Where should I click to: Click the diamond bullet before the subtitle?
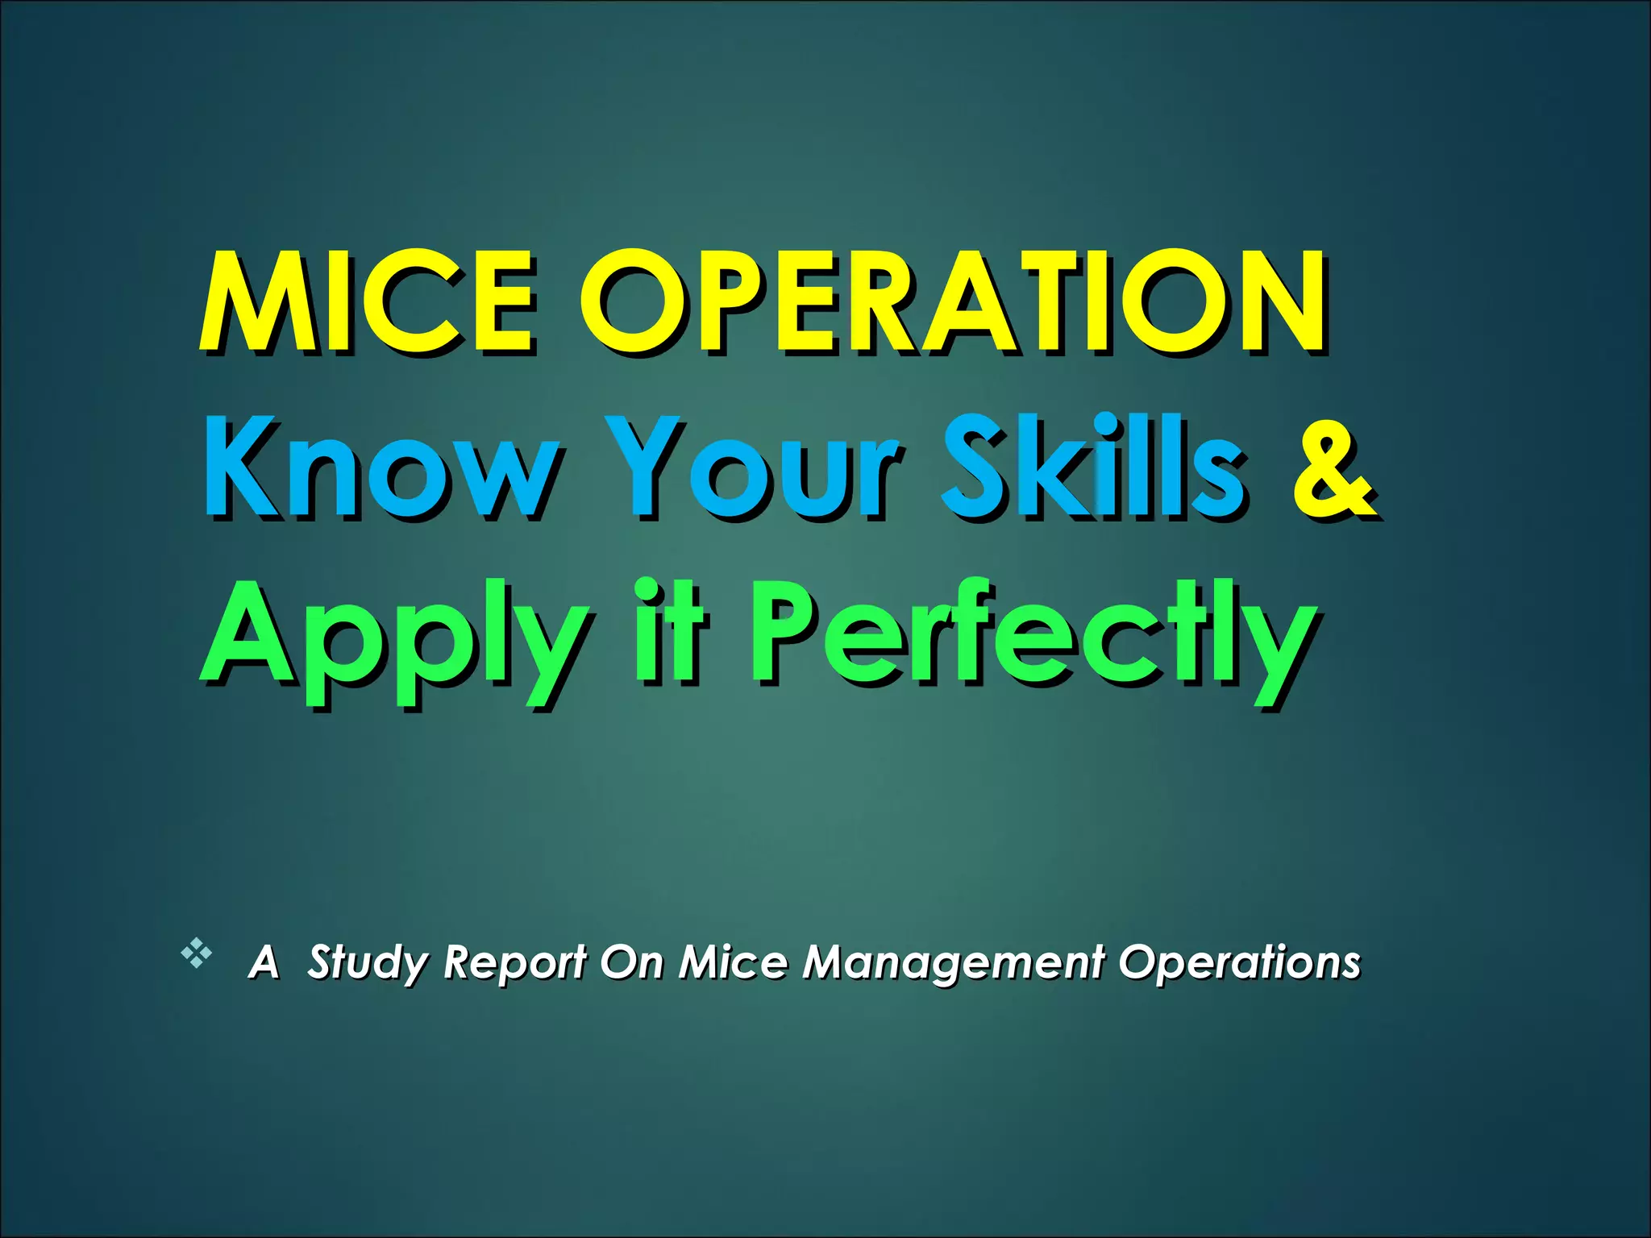[x=196, y=954]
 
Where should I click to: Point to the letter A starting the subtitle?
[x=264, y=962]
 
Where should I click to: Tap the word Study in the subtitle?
[x=368, y=962]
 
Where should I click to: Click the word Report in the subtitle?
[x=514, y=962]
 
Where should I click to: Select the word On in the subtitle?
[x=631, y=962]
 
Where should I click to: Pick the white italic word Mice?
[x=733, y=962]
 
